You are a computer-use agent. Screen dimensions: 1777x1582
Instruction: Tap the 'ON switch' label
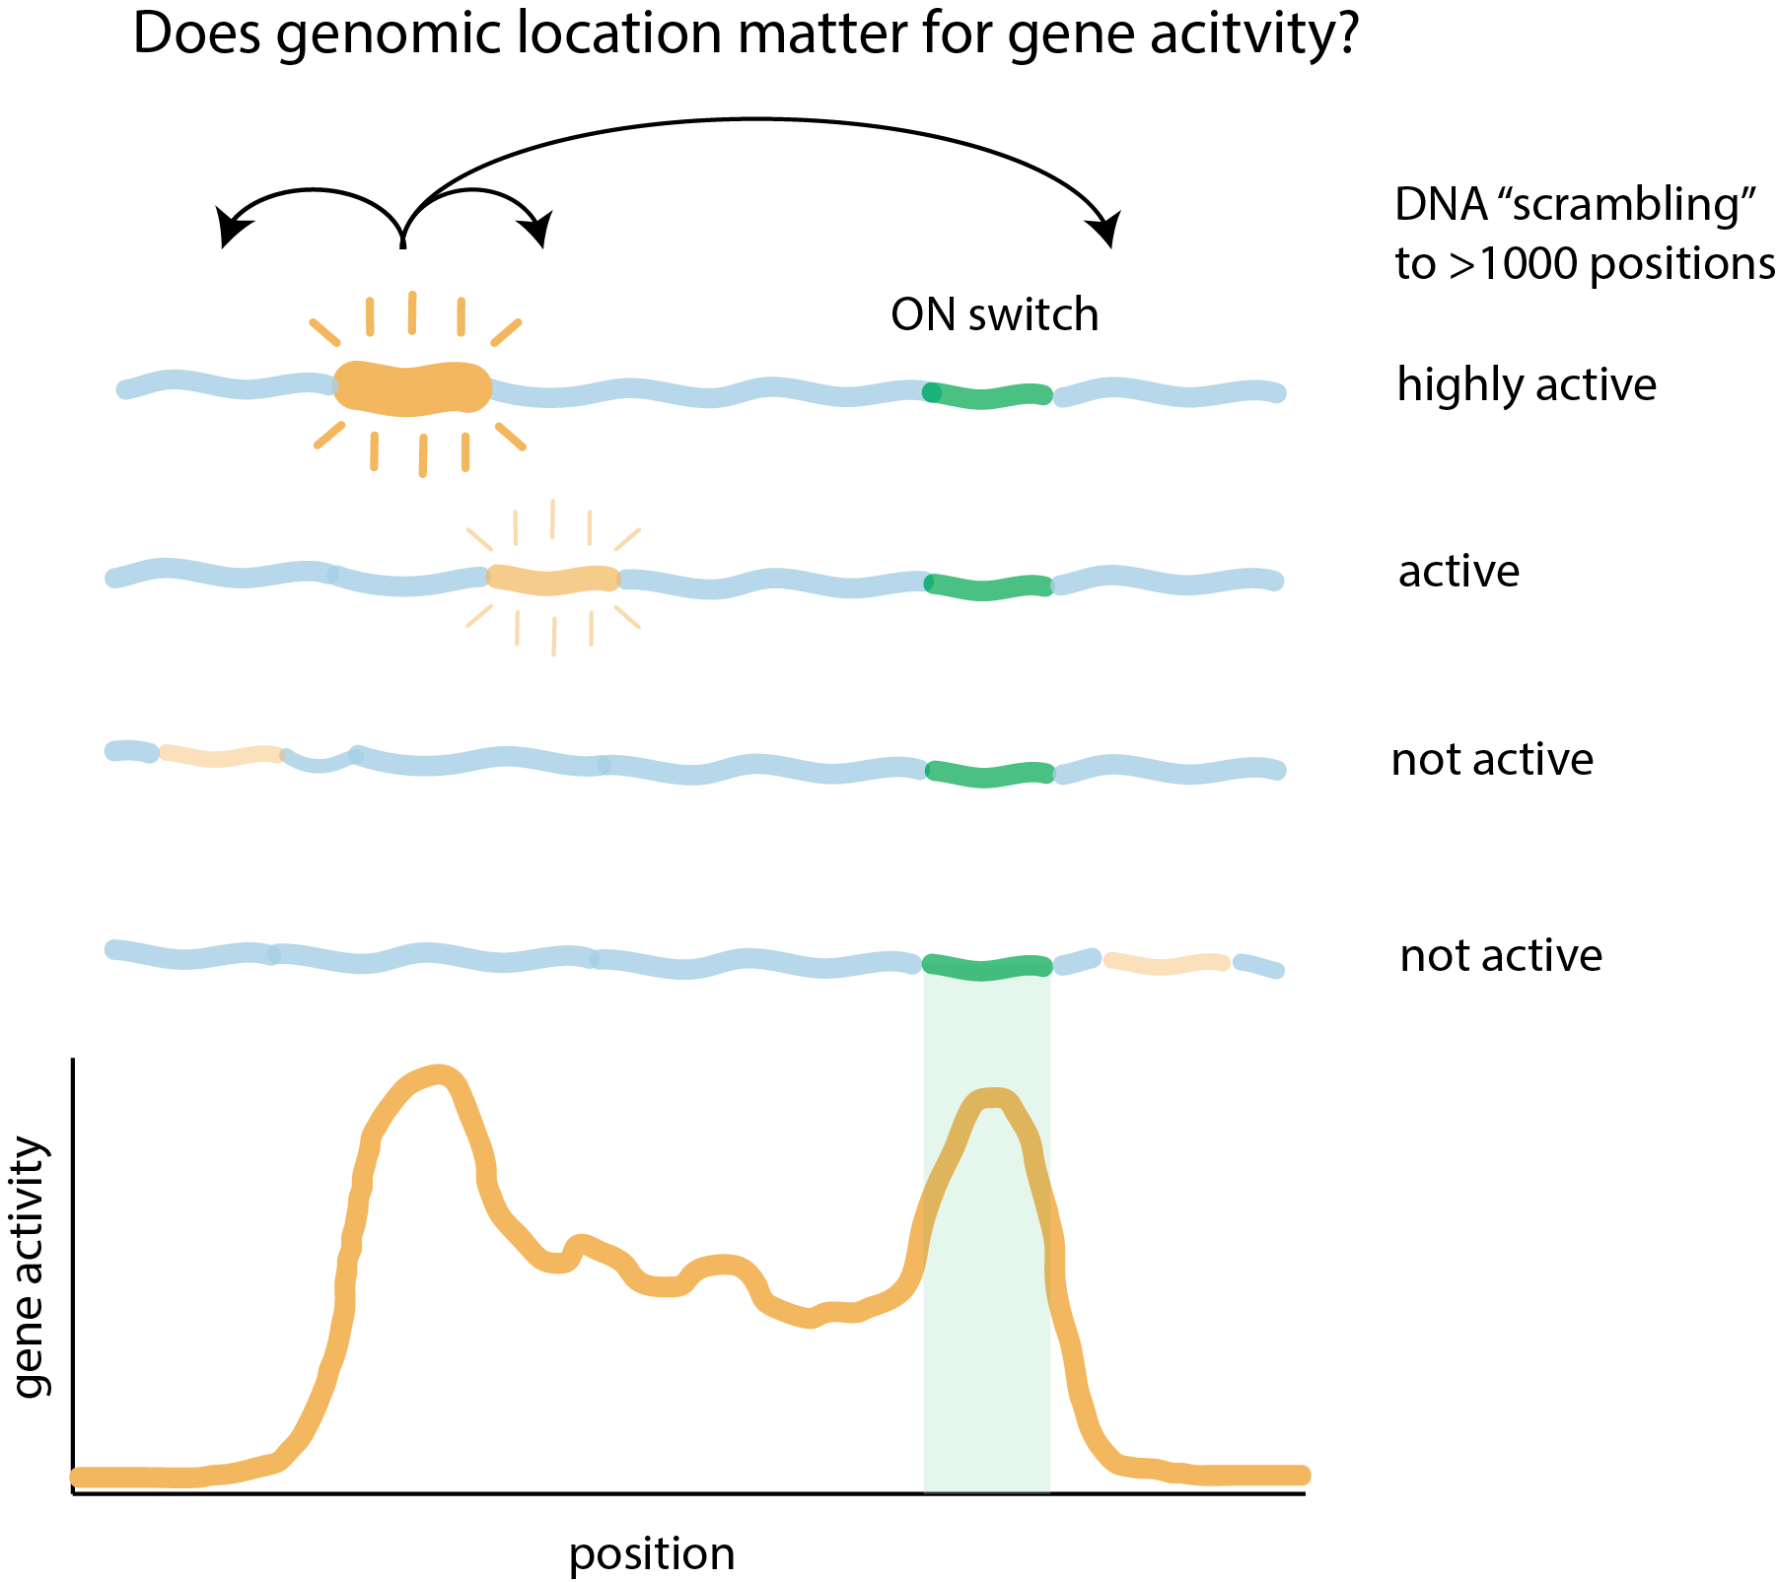coord(994,315)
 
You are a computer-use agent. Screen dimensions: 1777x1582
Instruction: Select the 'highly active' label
coord(1527,383)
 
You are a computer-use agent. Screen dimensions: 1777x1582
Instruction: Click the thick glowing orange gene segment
coord(412,386)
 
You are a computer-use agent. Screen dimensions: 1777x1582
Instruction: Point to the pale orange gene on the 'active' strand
coord(553,579)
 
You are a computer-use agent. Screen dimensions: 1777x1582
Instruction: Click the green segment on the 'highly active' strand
coord(987,395)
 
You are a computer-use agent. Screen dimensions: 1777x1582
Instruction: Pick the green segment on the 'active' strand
coord(987,586)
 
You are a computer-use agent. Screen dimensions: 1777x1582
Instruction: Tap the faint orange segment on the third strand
coord(221,756)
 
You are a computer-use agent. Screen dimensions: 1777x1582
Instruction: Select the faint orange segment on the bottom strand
coord(1167,963)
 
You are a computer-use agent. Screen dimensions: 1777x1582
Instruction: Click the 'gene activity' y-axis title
coord(30,1267)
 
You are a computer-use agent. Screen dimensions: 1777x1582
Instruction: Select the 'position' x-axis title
coord(652,1554)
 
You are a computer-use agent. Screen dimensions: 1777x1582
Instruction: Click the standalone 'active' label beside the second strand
coord(1458,572)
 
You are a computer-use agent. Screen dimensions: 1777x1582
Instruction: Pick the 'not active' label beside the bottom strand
coord(1501,956)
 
